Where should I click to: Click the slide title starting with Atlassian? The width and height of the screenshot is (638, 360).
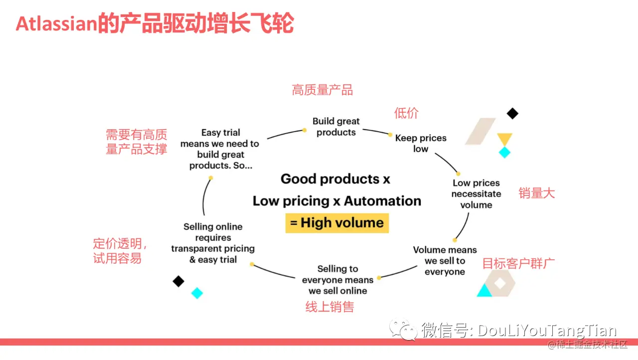coord(155,24)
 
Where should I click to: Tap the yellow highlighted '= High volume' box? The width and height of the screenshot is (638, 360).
coord(337,223)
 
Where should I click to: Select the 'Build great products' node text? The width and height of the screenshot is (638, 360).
coord(336,127)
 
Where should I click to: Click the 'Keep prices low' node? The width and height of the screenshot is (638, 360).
coord(421,143)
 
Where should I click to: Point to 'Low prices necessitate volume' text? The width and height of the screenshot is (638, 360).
coord(476,194)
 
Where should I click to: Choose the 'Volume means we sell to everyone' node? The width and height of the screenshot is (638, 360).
coord(445,261)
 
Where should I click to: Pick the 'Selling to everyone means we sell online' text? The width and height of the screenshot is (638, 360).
coord(337,280)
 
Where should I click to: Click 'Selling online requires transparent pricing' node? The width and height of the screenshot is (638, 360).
coord(213,243)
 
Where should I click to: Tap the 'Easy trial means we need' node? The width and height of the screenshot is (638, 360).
coord(220,149)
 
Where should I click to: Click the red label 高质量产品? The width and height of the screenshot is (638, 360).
coord(322,90)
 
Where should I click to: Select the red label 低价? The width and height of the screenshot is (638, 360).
coord(406,113)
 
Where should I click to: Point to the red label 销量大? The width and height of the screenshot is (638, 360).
coord(536,193)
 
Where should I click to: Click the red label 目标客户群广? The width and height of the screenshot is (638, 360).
coord(518,263)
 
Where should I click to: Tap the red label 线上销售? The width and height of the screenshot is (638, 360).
coord(329,307)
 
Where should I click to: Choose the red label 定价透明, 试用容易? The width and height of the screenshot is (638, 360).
coord(120,251)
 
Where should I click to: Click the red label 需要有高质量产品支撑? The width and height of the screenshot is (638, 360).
coord(136,142)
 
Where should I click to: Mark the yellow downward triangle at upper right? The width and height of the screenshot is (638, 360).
coord(504,139)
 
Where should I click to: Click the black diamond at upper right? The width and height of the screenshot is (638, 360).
coord(512,114)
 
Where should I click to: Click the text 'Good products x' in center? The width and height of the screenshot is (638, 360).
coord(335,179)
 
